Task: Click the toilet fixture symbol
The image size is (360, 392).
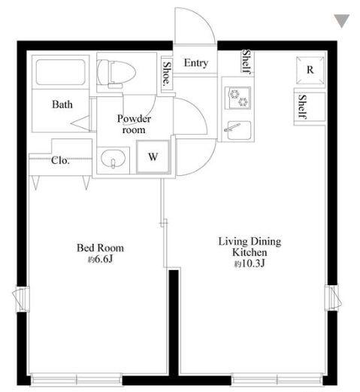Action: [x=116, y=74]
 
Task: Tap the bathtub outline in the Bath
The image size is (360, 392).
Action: [x=60, y=72]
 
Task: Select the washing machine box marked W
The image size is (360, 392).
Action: [x=153, y=156]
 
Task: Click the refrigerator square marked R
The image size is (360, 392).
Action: [x=310, y=70]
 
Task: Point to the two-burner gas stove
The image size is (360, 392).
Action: [x=237, y=98]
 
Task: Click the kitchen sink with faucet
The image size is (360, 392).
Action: [x=237, y=131]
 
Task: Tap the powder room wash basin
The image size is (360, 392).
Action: [x=113, y=159]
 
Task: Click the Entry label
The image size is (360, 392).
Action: [x=196, y=63]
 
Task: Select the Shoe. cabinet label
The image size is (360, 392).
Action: [x=167, y=73]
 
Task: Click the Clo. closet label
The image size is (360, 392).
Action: [x=60, y=160]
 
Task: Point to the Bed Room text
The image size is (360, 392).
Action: [x=100, y=248]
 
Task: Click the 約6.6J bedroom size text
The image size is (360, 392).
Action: [x=100, y=260]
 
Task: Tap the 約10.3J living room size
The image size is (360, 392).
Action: [x=250, y=263]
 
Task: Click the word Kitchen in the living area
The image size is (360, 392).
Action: [x=250, y=252]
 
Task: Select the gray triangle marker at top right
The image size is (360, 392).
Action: [x=341, y=21]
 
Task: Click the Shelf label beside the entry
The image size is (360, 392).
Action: [x=247, y=62]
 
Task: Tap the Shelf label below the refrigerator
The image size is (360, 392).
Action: [x=303, y=107]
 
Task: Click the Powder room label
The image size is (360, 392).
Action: [x=134, y=124]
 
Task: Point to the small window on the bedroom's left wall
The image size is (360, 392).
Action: [x=21, y=299]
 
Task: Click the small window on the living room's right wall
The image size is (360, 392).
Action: [x=333, y=298]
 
